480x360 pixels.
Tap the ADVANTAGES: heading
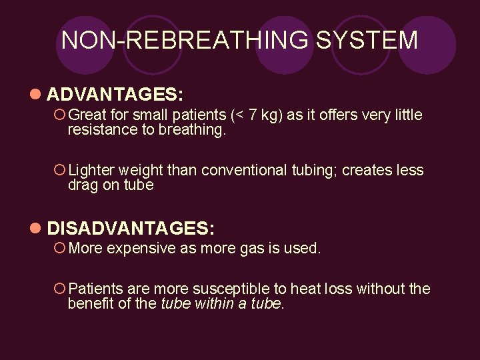(115, 92)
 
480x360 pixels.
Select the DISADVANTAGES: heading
(131, 229)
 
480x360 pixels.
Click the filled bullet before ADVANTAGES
(35, 92)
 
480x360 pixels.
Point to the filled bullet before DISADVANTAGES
(35, 229)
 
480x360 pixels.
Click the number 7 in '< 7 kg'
(252, 115)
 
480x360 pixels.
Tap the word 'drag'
(83, 185)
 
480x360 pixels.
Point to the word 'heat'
(304, 289)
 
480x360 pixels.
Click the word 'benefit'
(90, 304)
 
